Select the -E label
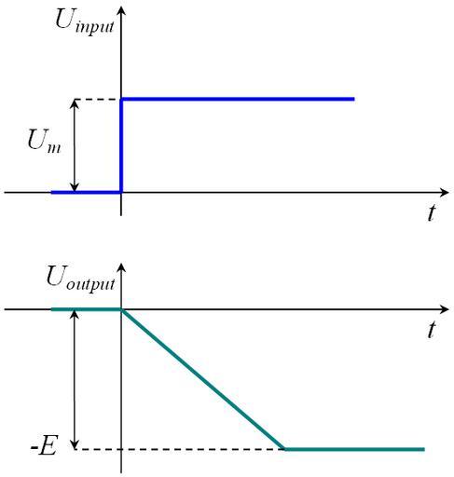coord(44,447)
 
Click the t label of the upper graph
coord(431,213)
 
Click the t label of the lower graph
coord(431,329)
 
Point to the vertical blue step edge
coord(121,145)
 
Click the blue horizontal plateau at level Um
coord(238,99)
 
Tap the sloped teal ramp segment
coord(203,379)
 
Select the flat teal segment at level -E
coord(354,449)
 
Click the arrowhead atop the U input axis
coord(121,10)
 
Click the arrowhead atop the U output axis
coord(121,267)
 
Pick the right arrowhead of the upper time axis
coord(445,193)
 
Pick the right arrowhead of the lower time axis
coord(445,309)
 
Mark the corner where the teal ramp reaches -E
coord(284,449)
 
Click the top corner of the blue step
coord(121,100)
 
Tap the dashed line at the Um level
coord(97,100)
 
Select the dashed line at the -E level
coord(179,449)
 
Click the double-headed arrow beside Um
coord(74,145)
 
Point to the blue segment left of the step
coord(86,193)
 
